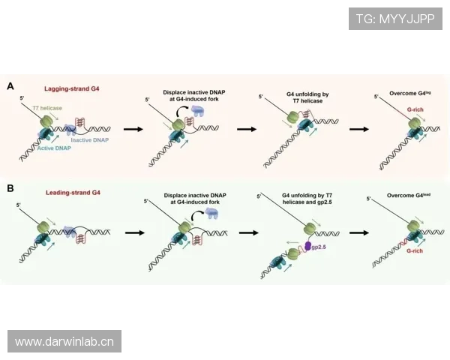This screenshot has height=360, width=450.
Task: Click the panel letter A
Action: coord(10,87)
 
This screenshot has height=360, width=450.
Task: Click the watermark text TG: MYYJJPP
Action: coord(395,19)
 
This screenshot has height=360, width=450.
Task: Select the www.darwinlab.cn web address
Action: coord(64,342)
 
